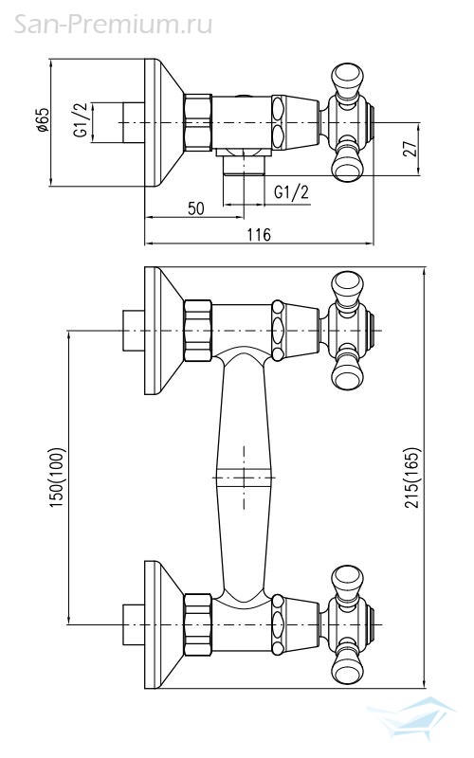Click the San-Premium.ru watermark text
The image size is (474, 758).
(113, 24)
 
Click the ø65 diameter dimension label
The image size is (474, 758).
(43, 120)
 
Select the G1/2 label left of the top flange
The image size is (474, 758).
(81, 120)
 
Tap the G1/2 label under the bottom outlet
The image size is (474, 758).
(291, 192)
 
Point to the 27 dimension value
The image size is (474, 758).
(410, 150)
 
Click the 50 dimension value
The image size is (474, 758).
(196, 208)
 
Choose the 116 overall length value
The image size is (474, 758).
(259, 235)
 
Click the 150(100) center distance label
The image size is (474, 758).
(56, 478)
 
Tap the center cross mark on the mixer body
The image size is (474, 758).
(244, 478)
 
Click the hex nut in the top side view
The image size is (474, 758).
(198, 123)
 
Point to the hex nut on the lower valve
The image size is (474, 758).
(198, 625)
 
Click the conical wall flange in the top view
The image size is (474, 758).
(163, 123)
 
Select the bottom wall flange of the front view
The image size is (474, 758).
(163, 624)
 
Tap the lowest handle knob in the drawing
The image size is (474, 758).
(347, 666)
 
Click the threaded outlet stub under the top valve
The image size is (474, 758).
(244, 165)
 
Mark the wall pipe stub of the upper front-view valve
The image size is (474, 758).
(134, 331)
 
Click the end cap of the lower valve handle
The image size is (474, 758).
(372, 624)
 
